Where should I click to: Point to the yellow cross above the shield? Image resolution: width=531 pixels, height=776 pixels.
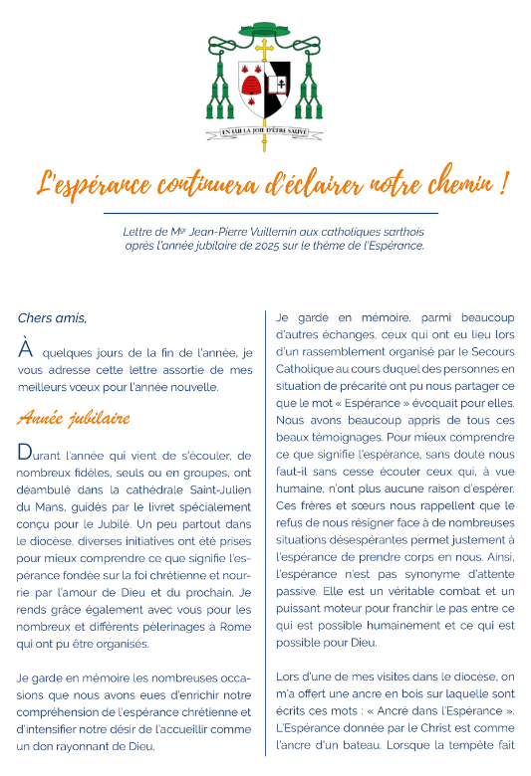[x=264, y=52]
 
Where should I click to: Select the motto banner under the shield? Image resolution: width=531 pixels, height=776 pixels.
[x=264, y=129]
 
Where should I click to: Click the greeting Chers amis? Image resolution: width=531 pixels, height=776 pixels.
[x=52, y=318]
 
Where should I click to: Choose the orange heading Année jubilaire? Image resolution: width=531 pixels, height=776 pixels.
[x=74, y=417]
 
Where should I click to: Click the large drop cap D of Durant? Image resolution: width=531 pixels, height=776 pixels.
[x=26, y=453]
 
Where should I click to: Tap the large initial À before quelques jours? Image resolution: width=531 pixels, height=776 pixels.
[x=26, y=349]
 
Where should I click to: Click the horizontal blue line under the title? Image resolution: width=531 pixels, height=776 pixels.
[x=271, y=213]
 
